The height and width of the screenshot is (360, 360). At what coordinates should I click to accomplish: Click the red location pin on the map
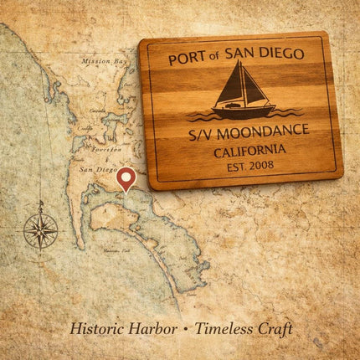click(126, 177)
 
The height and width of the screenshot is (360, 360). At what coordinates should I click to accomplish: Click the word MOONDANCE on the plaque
click(262, 131)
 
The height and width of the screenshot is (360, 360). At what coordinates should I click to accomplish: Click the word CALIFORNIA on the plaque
click(249, 151)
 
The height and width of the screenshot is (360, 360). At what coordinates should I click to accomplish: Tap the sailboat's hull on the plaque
click(244, 110)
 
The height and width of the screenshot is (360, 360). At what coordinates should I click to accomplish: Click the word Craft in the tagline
click(277, 328)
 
